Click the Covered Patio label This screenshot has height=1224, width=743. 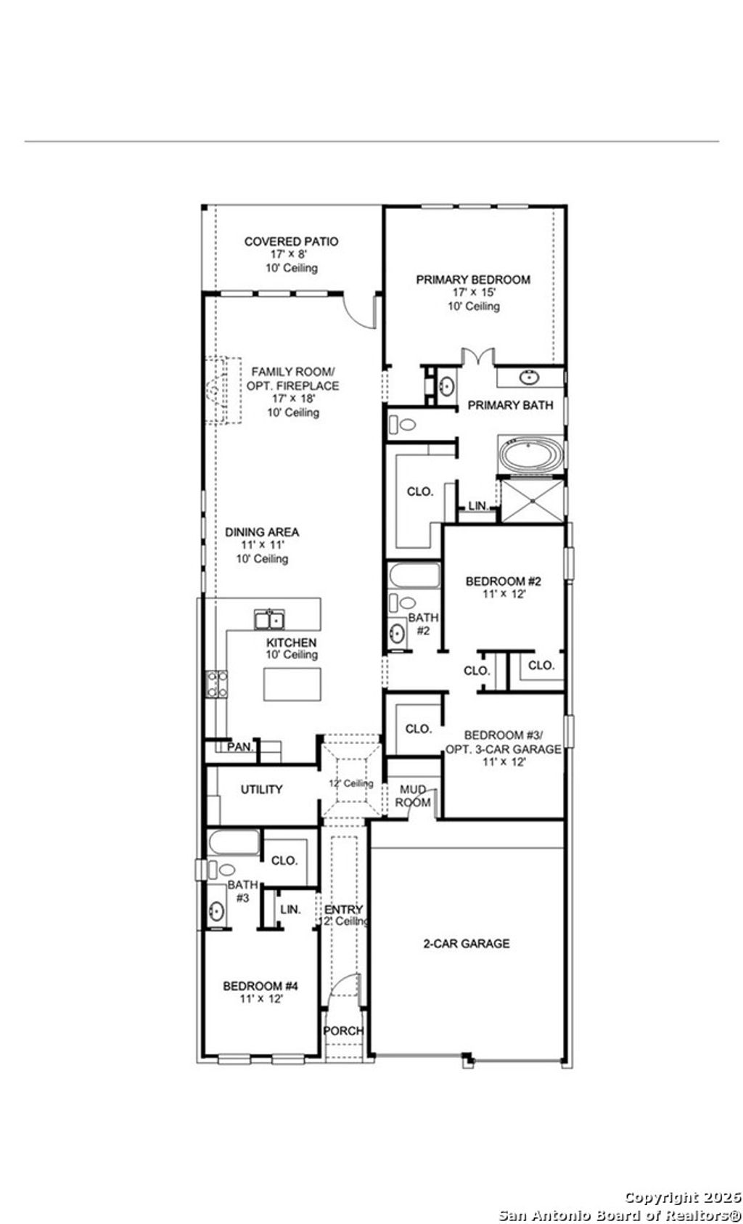point(290,242)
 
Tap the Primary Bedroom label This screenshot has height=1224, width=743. point(472,280)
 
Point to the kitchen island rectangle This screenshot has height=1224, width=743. point(292,684)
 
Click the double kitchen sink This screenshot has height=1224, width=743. point(268,619)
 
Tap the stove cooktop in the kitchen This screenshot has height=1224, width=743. point(217,684)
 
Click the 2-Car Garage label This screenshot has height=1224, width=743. point(467,943)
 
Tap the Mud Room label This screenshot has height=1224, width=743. point(413,796)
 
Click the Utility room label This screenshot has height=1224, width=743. point(261,789)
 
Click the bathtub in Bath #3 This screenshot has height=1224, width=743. point(234,843)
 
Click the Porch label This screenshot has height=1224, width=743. point(342,1031)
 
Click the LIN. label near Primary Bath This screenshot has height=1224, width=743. point(477,505)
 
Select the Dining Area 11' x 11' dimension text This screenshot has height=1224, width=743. point(261,545)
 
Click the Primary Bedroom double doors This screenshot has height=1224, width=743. point(478,356)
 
